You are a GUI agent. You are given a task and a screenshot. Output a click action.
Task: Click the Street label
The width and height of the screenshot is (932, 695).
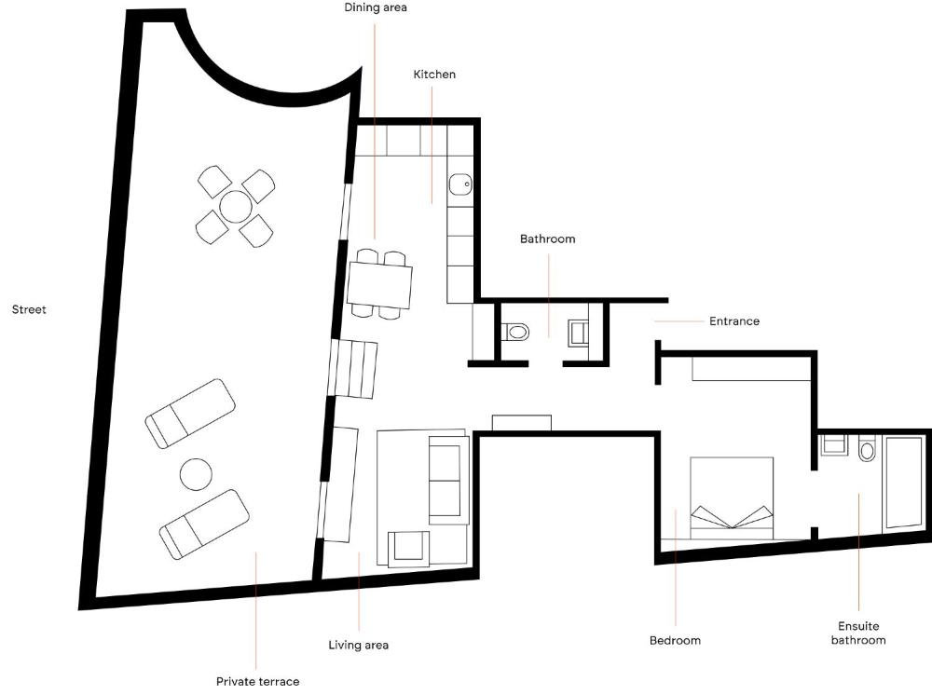point(29,309)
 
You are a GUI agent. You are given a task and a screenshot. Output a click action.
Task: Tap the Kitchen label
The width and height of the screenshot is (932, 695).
point(434,75)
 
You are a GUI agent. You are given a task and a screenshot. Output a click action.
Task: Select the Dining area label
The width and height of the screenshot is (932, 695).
point(376,7)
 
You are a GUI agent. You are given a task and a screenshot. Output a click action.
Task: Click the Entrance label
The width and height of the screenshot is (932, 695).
point(734,321)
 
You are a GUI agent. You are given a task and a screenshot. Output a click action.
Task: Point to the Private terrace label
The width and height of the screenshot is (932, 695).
point(257,681)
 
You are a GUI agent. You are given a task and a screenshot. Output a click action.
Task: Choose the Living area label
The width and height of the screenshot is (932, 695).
point(359,645)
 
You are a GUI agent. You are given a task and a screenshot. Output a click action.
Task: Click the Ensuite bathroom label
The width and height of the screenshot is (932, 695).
point(858,634)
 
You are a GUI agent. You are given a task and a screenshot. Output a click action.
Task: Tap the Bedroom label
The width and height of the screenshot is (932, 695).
point(675,640)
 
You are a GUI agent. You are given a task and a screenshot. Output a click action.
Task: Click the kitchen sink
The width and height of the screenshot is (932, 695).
point(460,184)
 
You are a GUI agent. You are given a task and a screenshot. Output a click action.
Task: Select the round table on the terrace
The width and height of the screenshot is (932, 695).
point(236,206)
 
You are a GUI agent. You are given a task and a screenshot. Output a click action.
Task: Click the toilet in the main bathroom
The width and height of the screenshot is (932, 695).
point(515,332)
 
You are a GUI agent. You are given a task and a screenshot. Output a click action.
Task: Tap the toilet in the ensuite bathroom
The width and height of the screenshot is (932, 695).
point(867,449)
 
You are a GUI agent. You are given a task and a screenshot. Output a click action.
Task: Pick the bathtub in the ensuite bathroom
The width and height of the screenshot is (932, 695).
point(903,482)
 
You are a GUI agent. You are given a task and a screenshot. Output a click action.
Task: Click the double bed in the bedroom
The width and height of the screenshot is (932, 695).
point(732,498)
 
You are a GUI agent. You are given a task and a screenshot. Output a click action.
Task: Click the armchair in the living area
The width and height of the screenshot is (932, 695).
point(408,547)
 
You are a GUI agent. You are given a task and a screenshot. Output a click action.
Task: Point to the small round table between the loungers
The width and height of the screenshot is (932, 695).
point(196,474)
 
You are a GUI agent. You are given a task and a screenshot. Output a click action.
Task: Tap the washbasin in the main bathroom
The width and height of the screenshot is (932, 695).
point(579,333)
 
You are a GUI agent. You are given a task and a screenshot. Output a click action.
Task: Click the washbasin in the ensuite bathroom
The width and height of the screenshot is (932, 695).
point(834,444)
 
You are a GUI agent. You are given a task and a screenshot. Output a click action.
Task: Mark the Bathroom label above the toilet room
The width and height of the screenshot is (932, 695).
point(547,238)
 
